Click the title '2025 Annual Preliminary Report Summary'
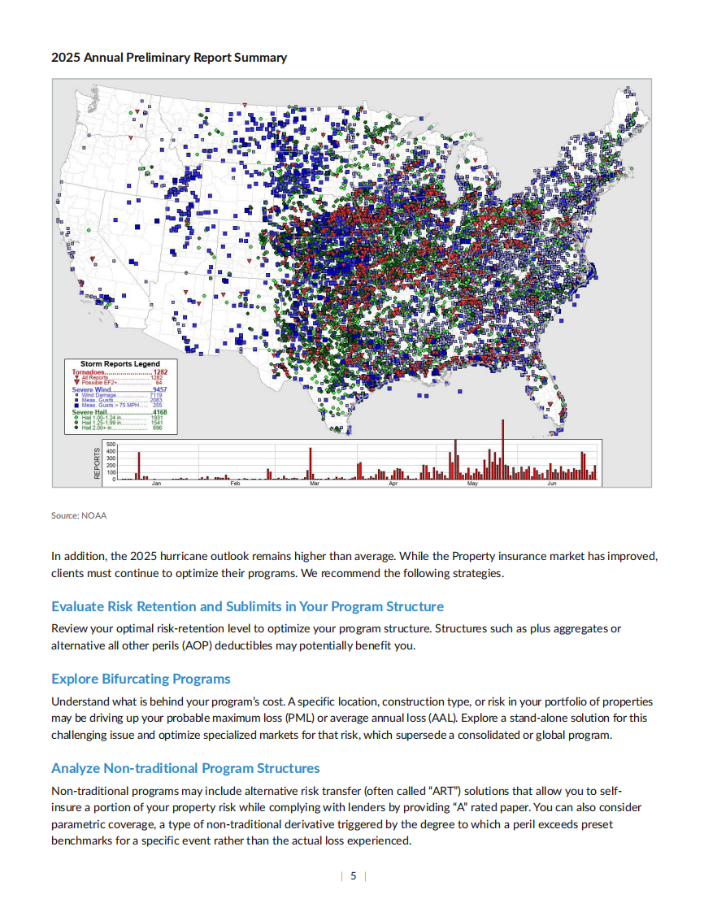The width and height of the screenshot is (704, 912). click(x=169, y=58)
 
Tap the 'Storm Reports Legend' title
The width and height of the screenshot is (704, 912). click(x=120, y=363)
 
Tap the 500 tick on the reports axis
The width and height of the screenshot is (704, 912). click(x=111, y=445)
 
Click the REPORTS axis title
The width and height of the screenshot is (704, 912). click(x=98, y=463)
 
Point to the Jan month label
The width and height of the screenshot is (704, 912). click(x=157, y=484)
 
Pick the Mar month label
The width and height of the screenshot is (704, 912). click(x=315, y=484)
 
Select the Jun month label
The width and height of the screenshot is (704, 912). click(x=551, y=484)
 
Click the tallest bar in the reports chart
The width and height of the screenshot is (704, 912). click(x=502, y=449)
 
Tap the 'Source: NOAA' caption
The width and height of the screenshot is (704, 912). click(x=79, y=515)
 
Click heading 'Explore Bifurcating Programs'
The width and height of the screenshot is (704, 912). click(x=141, y=679)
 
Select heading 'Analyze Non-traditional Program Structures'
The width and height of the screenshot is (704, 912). click(x=185, y=768)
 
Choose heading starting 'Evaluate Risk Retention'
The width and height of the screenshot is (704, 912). click(x=247, y=606)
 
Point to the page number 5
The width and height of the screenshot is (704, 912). click(x=353, y=876)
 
